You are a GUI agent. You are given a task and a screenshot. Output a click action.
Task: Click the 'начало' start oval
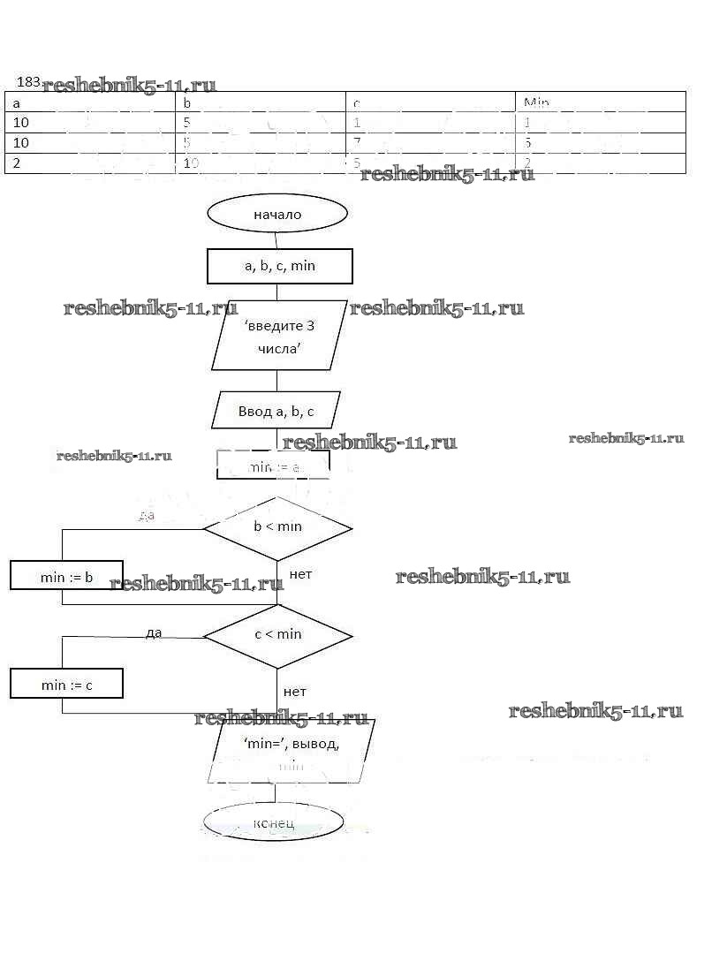[277, 215]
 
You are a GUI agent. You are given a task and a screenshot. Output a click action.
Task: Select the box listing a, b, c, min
[279, 266]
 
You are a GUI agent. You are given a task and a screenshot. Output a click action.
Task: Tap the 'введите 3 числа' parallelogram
[279, 336]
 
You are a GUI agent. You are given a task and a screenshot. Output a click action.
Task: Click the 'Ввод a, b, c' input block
[276, 411]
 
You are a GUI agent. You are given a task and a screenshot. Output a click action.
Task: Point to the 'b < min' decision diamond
[277, 527]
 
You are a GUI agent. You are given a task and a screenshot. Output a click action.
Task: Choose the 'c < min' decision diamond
[277, 635]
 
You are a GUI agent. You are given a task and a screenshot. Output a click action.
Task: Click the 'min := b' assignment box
[66, 577]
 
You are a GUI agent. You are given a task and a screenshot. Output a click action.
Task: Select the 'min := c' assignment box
[66, 685]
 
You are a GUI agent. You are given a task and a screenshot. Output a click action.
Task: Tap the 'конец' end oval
[273, 823]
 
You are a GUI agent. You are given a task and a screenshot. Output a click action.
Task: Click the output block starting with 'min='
[291, 752]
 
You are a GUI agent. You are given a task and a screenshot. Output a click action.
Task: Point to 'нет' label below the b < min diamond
[300, 575]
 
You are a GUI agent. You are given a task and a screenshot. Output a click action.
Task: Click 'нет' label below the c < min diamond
[295, 692]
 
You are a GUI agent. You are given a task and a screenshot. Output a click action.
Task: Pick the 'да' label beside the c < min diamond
[154, 632]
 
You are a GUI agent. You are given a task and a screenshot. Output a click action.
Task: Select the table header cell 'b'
[187, 102]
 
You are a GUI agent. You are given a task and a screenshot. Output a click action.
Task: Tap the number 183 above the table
[28, 82]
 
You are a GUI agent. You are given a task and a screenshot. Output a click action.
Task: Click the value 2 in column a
[17, 163]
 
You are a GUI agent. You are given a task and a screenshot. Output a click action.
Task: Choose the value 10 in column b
[192, 163]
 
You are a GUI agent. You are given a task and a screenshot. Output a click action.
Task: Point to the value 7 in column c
[357, 143]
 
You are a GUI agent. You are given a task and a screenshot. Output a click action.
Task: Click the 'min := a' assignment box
[273, 466]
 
